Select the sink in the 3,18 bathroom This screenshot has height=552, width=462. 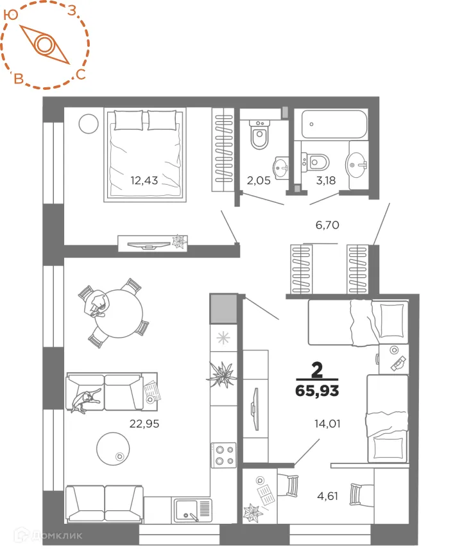[356, 164]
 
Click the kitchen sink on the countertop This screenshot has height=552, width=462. [191, 511]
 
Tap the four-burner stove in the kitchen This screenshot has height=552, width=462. [225, 454]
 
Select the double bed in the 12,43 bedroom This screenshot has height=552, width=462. [145, 154]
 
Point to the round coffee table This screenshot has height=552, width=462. [115, 448]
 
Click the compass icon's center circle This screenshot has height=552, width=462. [44, 44]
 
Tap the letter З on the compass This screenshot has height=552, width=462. [73, 10]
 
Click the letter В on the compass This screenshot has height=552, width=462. [20, 79]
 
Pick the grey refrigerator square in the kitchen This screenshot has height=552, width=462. [223, 309]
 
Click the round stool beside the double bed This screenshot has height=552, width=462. [87, 123]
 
